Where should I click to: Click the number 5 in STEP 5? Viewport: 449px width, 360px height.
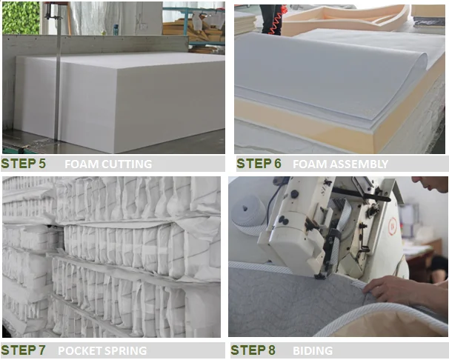(x=41, y=164)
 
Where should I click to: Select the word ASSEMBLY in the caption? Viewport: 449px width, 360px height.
(x=359, y=164)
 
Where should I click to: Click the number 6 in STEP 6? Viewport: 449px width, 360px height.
(x=277, y=164)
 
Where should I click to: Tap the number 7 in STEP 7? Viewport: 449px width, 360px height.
(x=41, y=350)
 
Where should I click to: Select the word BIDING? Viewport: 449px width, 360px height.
(x=313, y=351)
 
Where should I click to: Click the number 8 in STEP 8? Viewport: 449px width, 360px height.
(x=271, y=350)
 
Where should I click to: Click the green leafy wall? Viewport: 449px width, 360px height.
(x=21, y=18)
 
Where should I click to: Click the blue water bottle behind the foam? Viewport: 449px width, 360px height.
(x=116, y=30)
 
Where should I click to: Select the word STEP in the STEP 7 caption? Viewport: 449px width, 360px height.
(x=19, y=350)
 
